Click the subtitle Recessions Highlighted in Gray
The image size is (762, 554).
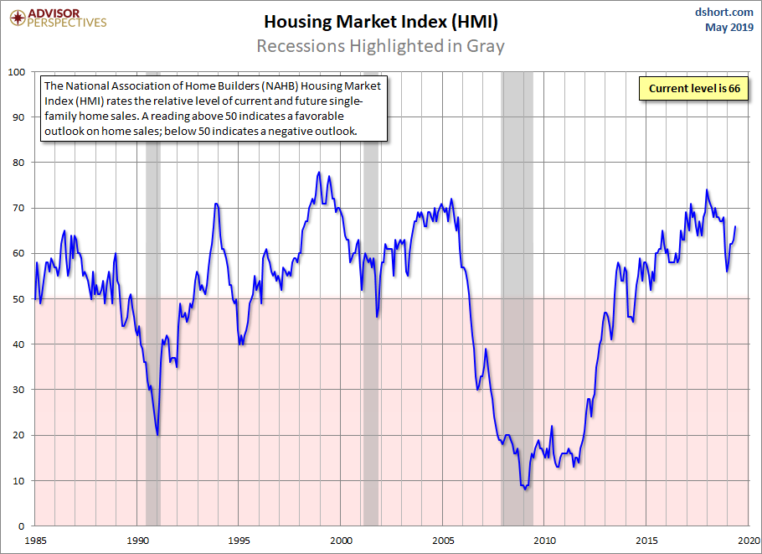380,45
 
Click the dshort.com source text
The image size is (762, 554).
725,12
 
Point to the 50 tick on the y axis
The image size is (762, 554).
20,298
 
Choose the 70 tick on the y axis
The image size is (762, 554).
20,208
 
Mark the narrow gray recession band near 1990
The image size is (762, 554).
152,251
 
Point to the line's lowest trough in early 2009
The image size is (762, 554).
525,489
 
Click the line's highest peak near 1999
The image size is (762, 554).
319,173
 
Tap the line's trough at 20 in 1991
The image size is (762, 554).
158,434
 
